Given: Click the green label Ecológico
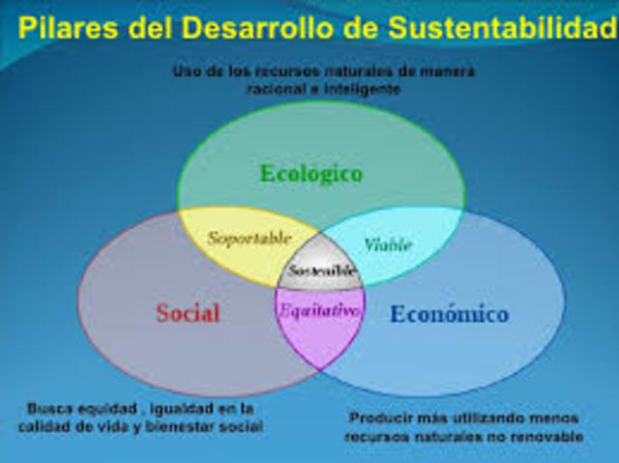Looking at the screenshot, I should (x=310, y=174).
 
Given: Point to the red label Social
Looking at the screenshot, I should (x=188, y=313).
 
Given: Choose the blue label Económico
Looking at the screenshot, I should (x=449, y=314).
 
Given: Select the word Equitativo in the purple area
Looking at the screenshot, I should (x=319, y=311).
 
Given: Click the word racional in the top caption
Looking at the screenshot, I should (x=274, y=88).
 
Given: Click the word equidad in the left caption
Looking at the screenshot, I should (x=107, y=407).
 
